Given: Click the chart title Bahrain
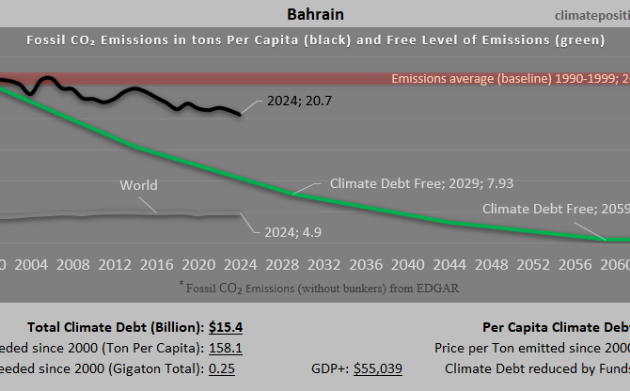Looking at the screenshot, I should (314, 14).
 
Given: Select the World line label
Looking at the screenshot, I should (138, 185).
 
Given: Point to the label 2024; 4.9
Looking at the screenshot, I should (285, 228).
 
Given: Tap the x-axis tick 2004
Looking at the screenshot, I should (32, 264).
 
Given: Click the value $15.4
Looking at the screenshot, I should (227, 327).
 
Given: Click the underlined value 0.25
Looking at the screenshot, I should (222, 368).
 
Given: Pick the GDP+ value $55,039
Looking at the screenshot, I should (378, 368).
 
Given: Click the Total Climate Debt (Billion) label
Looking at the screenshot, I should (115, 327).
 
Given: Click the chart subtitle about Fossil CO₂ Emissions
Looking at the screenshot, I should (315, 40).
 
